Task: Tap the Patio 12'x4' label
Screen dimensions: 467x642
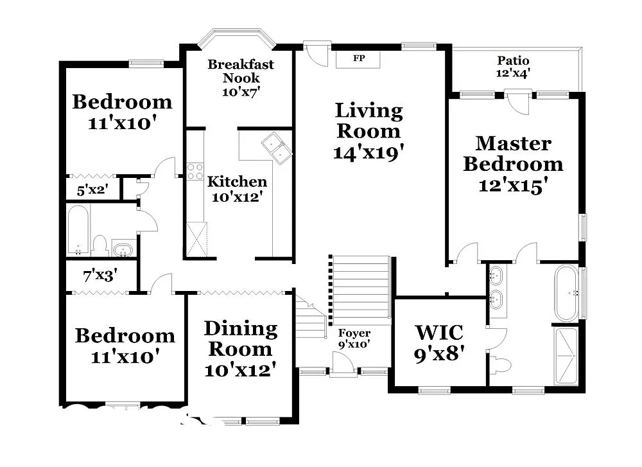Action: click(x=513, y=67)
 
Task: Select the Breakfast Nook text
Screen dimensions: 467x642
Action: click(x=241, y=71)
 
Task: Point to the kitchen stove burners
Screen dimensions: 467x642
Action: click(x=195, y=172)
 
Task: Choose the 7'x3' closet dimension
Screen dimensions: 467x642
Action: click(x=100, y=277)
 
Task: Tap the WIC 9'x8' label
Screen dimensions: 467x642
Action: click(x=439, y=342)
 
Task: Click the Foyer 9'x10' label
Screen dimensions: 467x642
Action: click(x=354, y=339)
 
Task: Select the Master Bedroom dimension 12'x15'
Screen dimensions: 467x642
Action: click(x=513, y=186)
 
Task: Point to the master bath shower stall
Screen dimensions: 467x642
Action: click(x=566, y=356)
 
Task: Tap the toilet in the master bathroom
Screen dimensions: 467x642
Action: click(x=500, y=366)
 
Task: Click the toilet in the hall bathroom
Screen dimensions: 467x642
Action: click(x=100, y=244)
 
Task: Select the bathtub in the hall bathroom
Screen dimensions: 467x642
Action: click(x=78, y=230)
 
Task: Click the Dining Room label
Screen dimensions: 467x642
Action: click(x=241, y=339)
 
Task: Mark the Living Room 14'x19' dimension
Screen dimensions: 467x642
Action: click(x=368, y=152)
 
